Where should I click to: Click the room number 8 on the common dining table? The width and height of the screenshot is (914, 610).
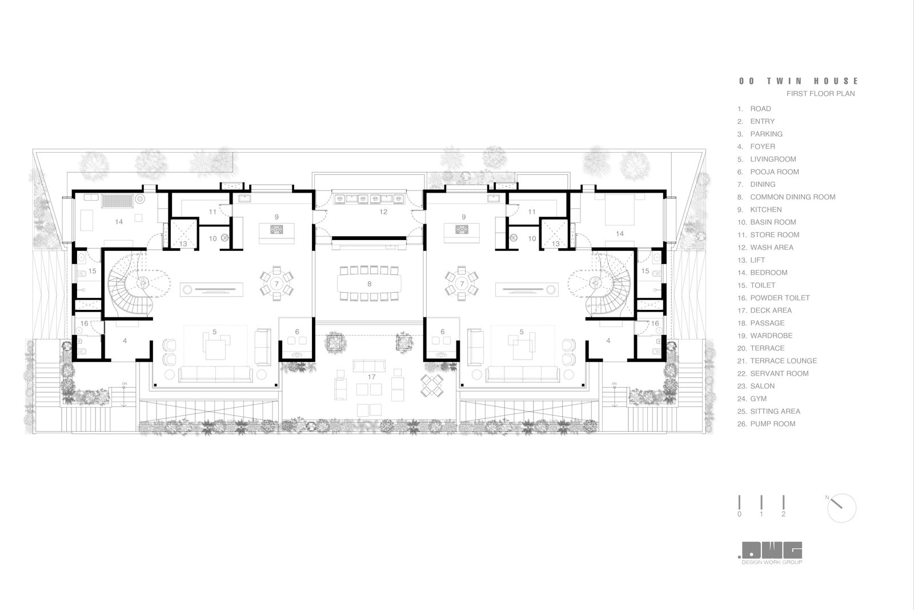pyautogui.click(x=370, y=284)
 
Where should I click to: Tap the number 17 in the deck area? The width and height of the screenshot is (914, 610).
pyautogui.click(x=372, y=377)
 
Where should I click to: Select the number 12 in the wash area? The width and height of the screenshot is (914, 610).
pyautogui.click(x=383, y=212)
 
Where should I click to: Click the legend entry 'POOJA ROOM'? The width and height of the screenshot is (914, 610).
pyautogui.click(x=774, y=172)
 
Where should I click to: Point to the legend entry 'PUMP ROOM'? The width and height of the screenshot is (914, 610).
pyautogui.click(x=772, y=424)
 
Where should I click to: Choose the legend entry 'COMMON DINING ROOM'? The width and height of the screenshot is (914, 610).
pyautogui.click(x=792, y=197)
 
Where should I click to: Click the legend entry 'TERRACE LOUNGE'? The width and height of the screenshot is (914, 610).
pyautogui.click(x=783, y=361)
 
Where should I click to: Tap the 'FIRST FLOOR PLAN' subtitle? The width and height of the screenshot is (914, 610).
pyautogui.click(x=820, y=93)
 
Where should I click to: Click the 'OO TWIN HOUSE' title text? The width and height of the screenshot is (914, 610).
pyautogui.click(x=798, y=81)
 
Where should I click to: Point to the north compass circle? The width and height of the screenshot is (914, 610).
pyautogui.click(x=841, y=508)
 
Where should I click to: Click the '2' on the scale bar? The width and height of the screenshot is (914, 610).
pyautogui.click(x=783, y=514)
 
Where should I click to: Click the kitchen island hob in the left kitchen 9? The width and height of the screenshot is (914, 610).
pyautogui.click(x=277, y=230)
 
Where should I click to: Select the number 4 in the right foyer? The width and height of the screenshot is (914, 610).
pyautogui.click(x=608, y=341)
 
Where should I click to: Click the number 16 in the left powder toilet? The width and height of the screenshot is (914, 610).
pyautogui.click(x=85, y=324)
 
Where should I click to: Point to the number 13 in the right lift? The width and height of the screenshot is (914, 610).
pyautogui.click(x=556, y=244)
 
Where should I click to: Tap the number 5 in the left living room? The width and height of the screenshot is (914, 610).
pyautogui.click(x=214, y=332)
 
